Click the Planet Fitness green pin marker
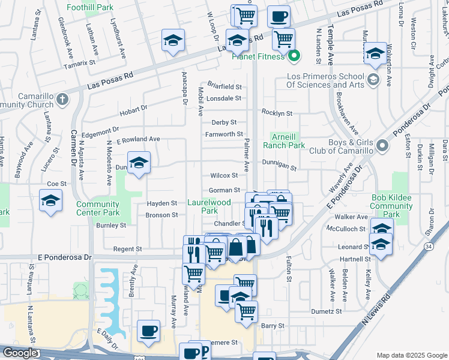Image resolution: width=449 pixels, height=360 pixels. click(x=294, y=58)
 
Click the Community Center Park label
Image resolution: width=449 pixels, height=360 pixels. click(x=98, y=208)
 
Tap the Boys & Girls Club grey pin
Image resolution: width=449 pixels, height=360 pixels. click(x=381, y=146)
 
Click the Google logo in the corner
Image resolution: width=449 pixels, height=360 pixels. click(x=20, y=353)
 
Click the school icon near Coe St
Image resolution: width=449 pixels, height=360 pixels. click(x=50, y=201)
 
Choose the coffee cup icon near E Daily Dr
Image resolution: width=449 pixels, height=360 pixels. click(x=148, y=331)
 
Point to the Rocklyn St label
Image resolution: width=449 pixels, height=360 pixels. click(x=277, y=113)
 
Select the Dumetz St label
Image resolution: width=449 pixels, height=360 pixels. click(x=327, y=311)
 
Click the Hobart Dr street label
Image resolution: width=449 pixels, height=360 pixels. click(x=133, y=110)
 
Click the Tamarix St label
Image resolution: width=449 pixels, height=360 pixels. click(x=80, y=62)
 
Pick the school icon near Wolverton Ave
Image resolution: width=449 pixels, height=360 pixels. click(x=375, y=53)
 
